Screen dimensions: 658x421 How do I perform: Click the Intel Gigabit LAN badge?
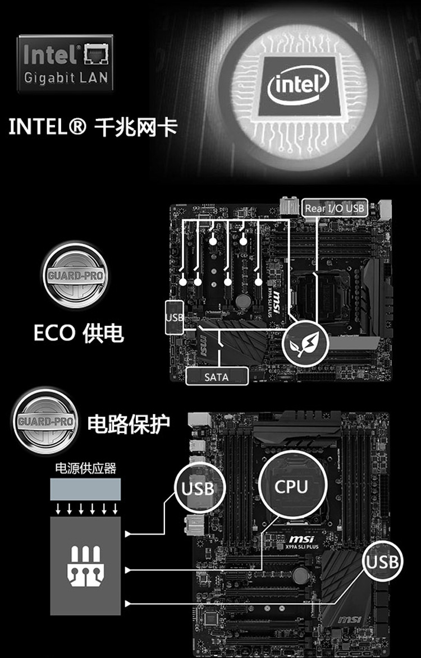click(x=65, y=63)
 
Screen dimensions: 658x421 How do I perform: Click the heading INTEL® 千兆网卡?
click(x=93, y=127)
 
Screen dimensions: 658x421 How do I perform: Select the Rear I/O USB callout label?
click(x=335, y=208)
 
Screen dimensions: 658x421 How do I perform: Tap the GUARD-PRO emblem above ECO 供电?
click(x=74, y=275)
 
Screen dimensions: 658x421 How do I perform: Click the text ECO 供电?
click(x=78, y=333)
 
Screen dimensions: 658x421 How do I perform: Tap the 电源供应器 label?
click(x=85, y=468)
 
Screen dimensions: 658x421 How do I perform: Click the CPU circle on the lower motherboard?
click(x=292, y=486)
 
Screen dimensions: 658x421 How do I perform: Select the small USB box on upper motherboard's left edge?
click(x=174, y=318)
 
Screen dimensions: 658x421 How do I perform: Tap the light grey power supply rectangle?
click(x=85, y=489)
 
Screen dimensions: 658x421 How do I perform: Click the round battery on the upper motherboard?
click(x=243, y=301)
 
